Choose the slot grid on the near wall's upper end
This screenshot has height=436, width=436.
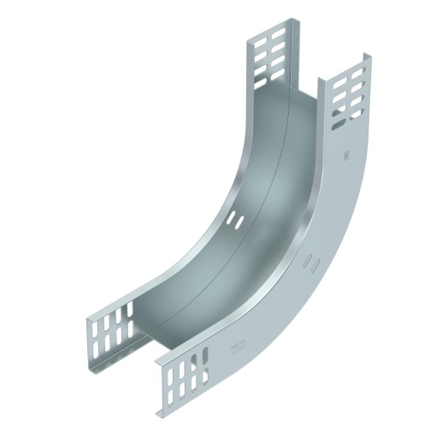click(349, 91)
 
